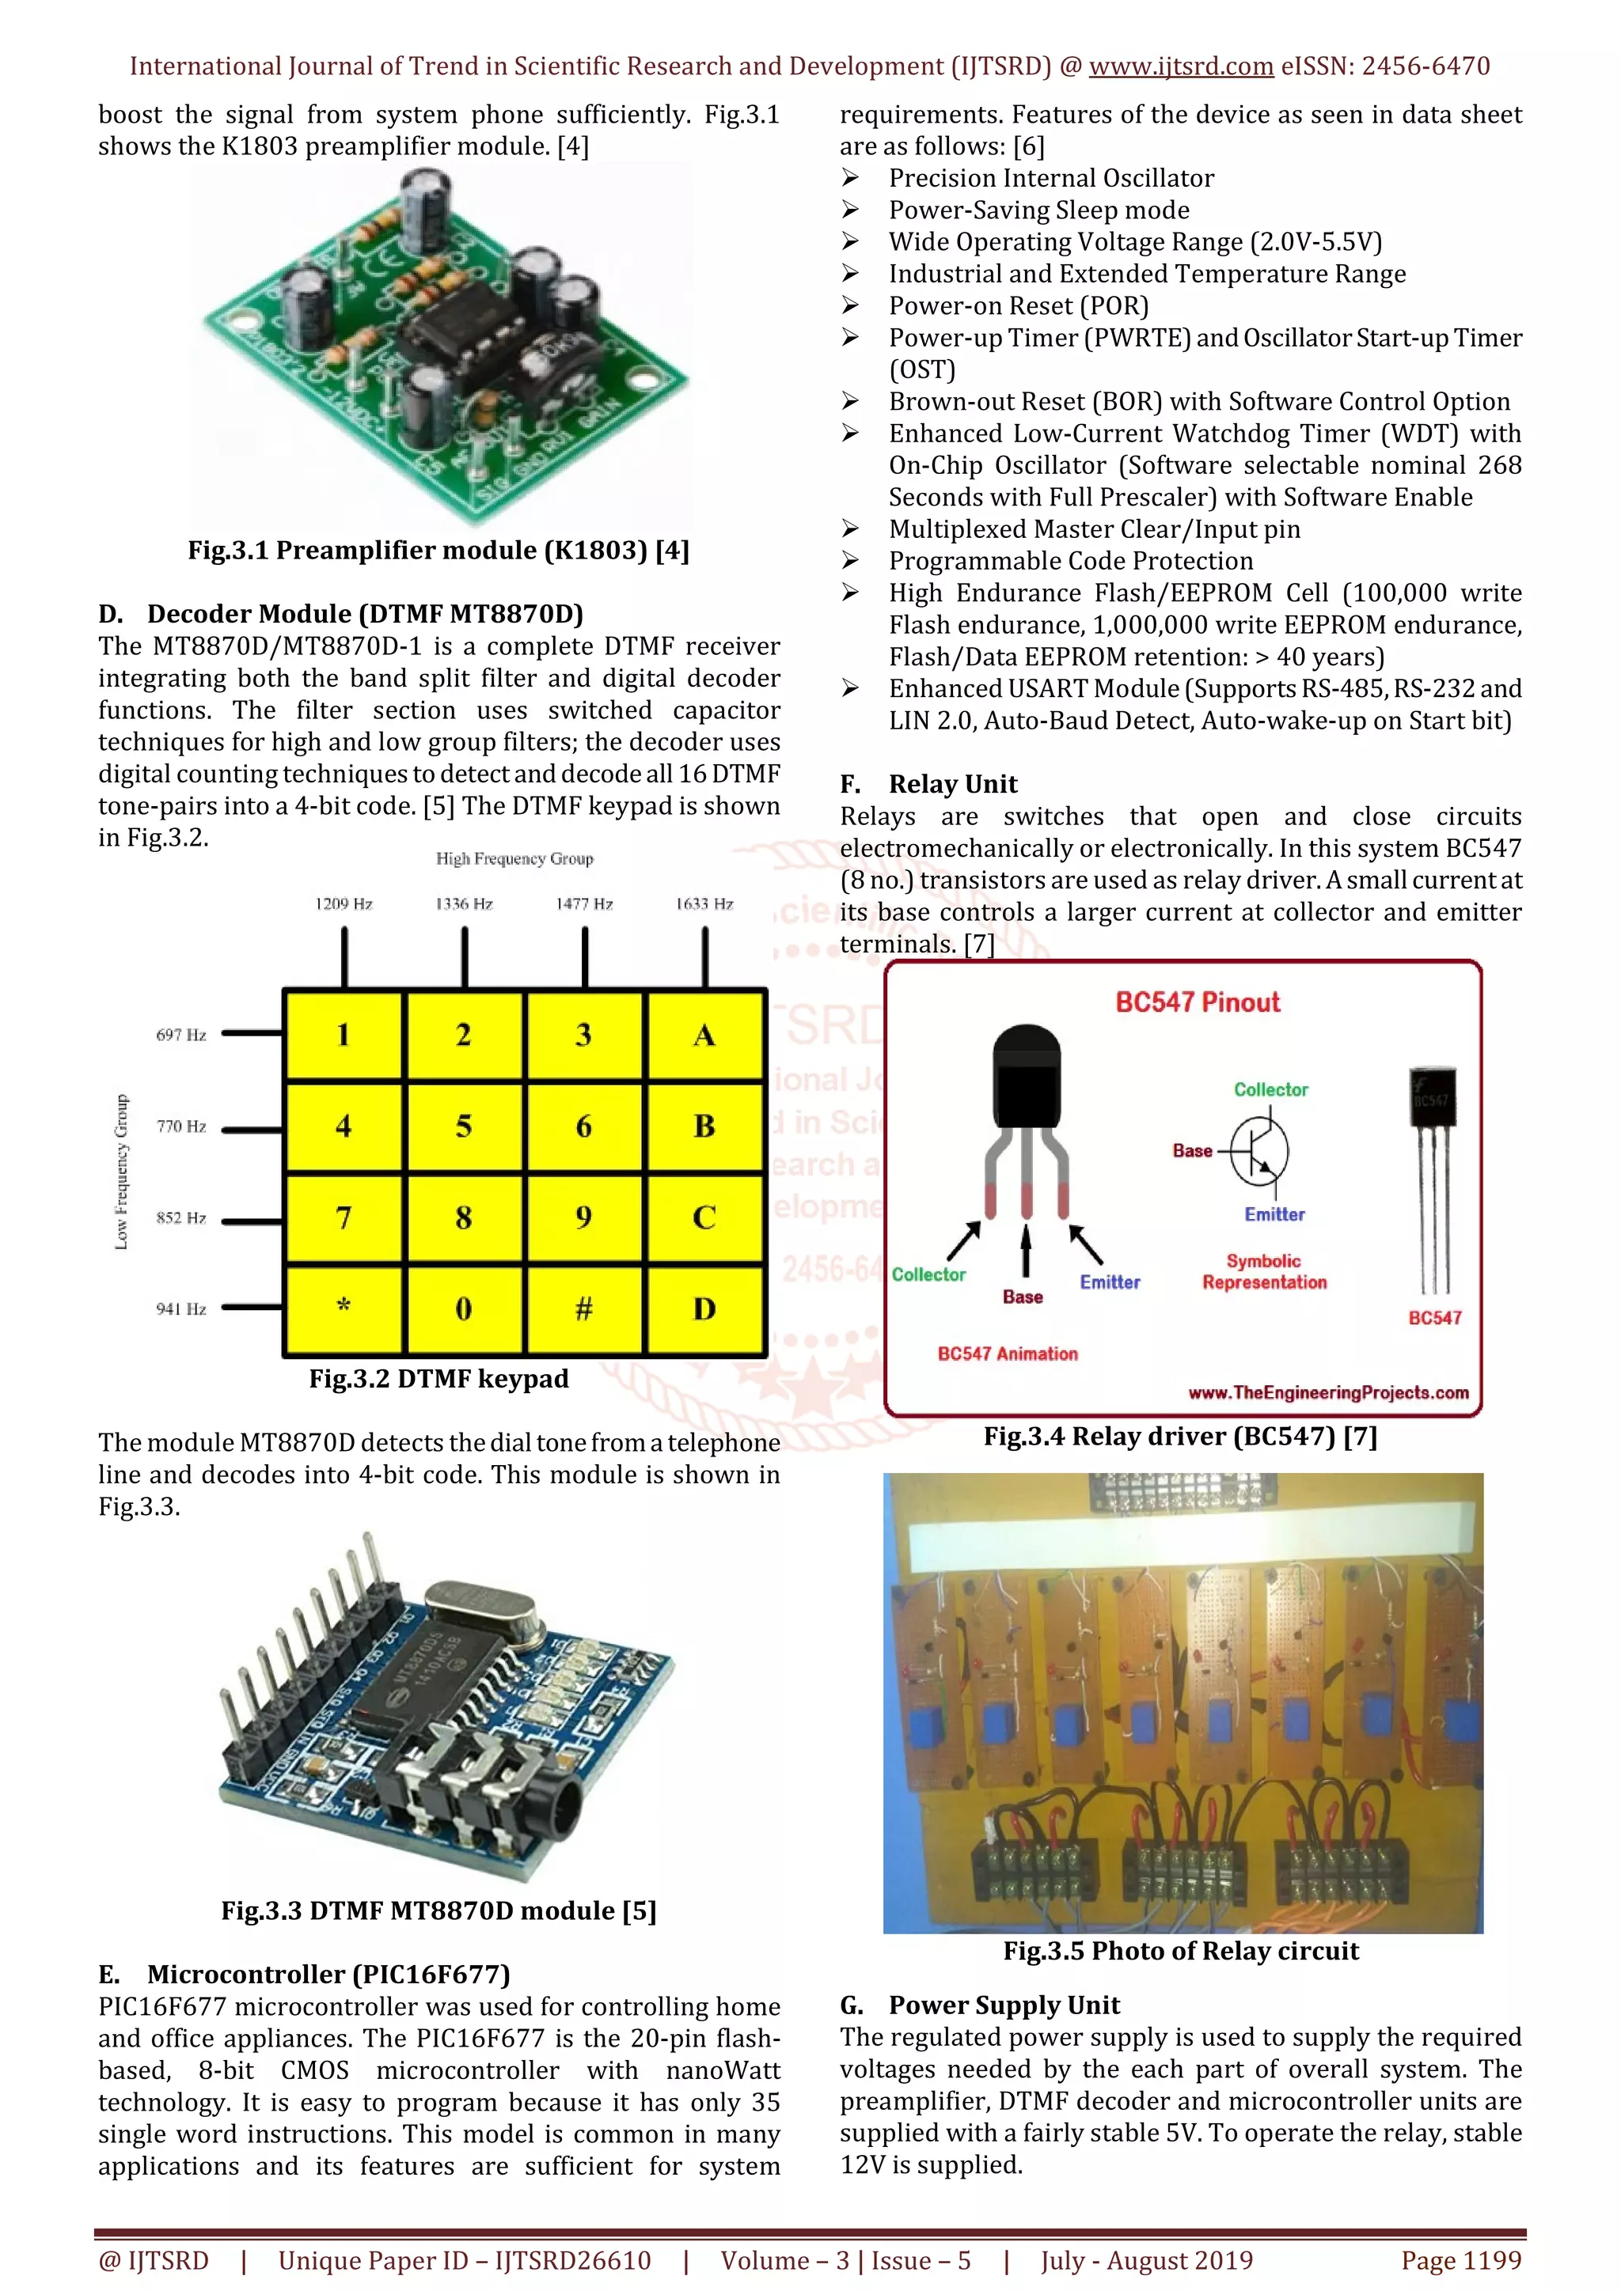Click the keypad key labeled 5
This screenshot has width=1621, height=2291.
click(x=463, y=1126)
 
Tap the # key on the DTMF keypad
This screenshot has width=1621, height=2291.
click(x=584, y=1308)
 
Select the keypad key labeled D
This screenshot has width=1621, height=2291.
click(x=704, y=1308)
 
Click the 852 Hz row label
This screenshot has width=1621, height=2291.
click(x=180, y=1217)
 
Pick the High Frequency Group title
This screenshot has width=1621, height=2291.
click(x=514, y=859)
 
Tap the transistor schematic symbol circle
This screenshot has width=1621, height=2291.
click(x=1259, y=1152)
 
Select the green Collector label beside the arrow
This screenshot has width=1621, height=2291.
click(x=928, y=1274)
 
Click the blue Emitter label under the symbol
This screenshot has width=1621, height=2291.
click(x=1274, y=1214)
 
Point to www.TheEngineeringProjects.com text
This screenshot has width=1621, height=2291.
click(x=1327, y=1392)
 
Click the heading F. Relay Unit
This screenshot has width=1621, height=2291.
click(x=929, y=784)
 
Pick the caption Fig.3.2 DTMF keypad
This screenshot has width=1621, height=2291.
click(x=438, y=1379)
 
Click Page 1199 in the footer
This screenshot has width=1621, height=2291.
click(x=1461, y=2260)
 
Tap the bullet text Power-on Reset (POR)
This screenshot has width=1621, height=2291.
click(x=1018, y=305)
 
